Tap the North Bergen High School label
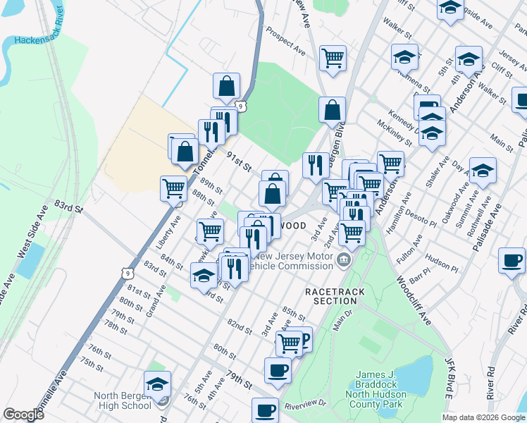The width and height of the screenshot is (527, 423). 123,400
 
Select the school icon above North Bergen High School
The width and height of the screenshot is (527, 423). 158,384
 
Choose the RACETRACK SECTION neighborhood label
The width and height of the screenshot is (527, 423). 331,295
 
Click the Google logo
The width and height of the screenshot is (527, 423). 23,415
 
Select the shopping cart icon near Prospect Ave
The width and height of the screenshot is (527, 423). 333,58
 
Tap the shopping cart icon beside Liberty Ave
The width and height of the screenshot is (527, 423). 174,188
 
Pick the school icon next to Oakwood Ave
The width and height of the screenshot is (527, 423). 483,170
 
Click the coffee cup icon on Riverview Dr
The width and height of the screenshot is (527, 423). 265,410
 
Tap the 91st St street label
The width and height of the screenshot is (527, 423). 238,162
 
